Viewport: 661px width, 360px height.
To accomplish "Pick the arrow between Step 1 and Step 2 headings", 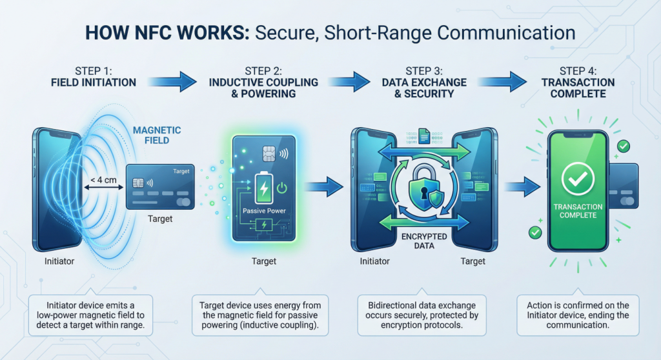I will [187, 81].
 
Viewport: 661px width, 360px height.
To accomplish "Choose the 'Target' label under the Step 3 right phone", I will [473, 261].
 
